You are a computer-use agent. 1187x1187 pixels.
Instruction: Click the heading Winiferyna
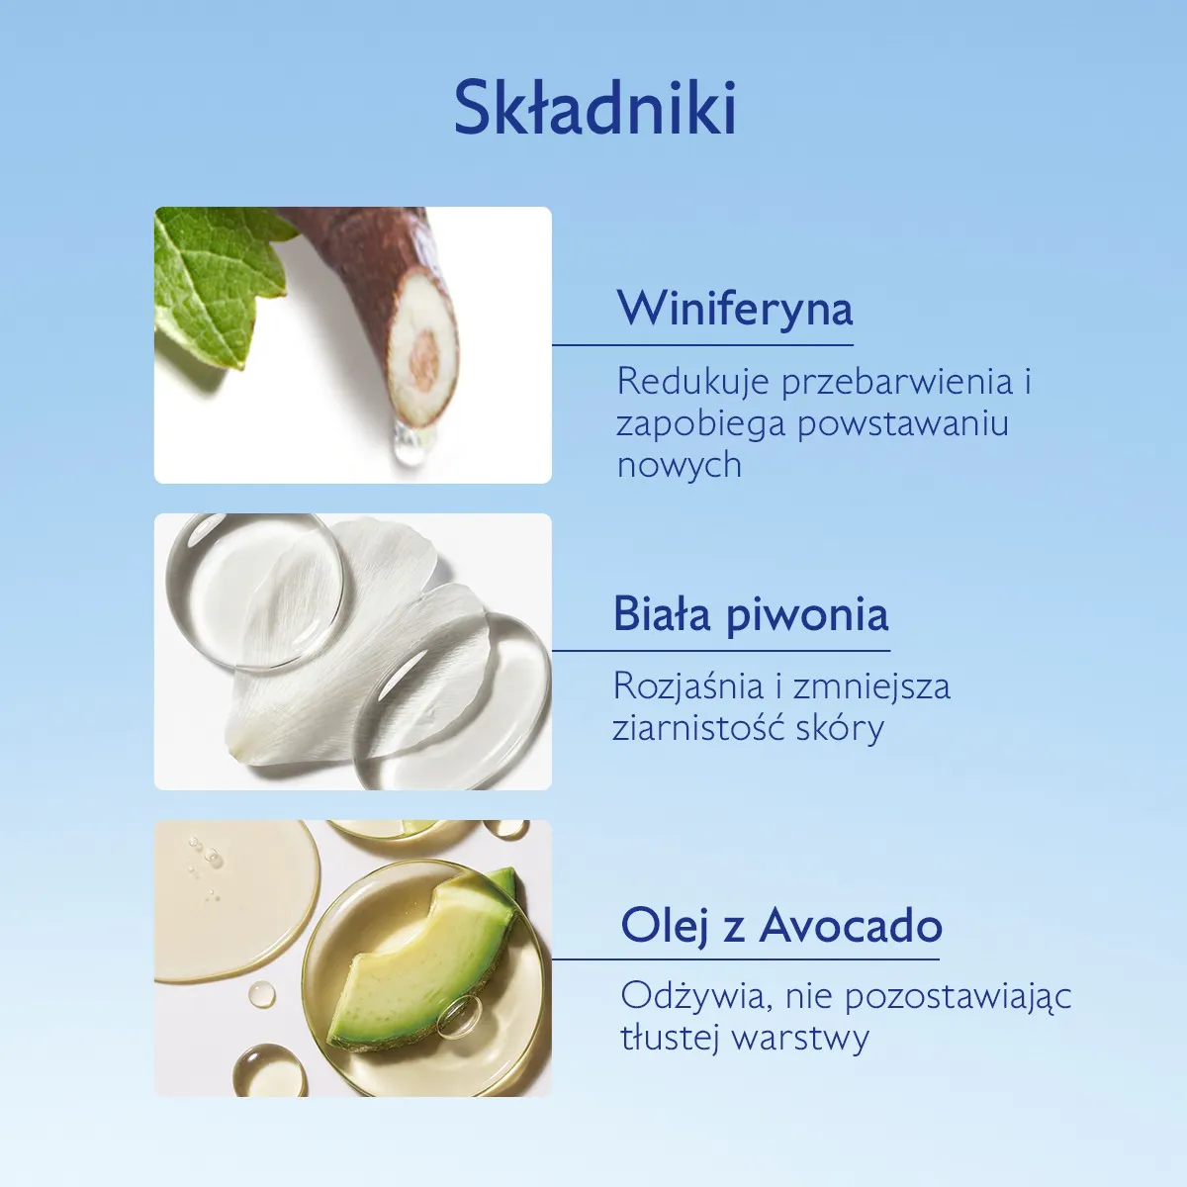(x=734, y=309)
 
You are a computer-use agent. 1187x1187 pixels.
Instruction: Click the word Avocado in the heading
(x=851, y=926)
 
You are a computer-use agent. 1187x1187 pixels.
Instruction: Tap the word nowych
(x=679, y=465)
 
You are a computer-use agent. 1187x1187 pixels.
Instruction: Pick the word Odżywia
(x=696, y=996)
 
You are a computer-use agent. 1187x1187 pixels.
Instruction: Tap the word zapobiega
(x=700, y=424)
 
